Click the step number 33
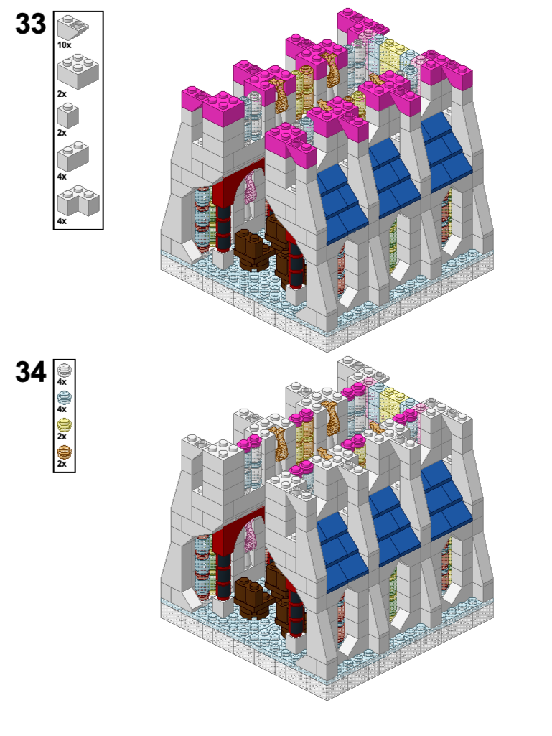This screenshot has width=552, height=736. [31, 24]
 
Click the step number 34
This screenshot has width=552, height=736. [31, 372]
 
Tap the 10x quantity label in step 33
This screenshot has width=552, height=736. [65, 45]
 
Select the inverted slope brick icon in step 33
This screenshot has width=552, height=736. [72, 27]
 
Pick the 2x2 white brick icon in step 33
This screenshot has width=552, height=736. [78, 71]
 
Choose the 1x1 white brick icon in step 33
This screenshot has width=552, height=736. [68, 116]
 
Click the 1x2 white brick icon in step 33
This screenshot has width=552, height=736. [72, 157]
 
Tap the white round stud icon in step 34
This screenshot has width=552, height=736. [65, 370]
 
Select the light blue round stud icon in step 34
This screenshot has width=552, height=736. [65, 398]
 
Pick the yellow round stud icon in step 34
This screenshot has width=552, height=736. [65, 425]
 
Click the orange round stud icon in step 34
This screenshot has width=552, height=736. [65, 452]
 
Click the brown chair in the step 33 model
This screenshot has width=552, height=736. [251, 248]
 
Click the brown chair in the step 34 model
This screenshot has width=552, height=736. [251, 597]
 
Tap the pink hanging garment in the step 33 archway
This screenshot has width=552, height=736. [249, 187]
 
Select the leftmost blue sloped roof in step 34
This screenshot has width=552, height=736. [342, 551]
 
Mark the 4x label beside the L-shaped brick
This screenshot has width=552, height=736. [62, 221]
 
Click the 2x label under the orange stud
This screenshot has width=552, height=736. [62, 464]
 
